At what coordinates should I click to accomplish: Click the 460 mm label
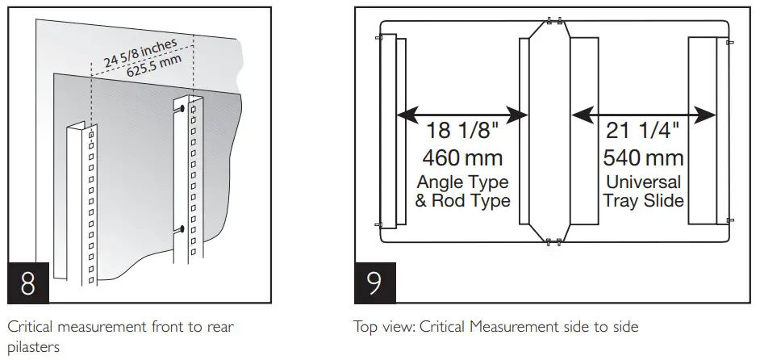pos(462,157)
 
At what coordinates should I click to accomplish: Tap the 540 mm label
pos(643,157)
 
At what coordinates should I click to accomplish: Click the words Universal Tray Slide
pos(643,191)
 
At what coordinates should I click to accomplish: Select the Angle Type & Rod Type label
pos(462,191)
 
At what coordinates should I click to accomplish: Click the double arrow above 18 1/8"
pos(462,115)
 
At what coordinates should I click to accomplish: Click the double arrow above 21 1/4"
pos(643,115)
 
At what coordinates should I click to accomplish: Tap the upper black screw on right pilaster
pos(185,107)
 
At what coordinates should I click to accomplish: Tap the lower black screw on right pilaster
pos(185,230)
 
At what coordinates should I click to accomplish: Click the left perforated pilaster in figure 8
pos(82,202)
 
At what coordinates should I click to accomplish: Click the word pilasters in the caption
pos(30,348)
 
